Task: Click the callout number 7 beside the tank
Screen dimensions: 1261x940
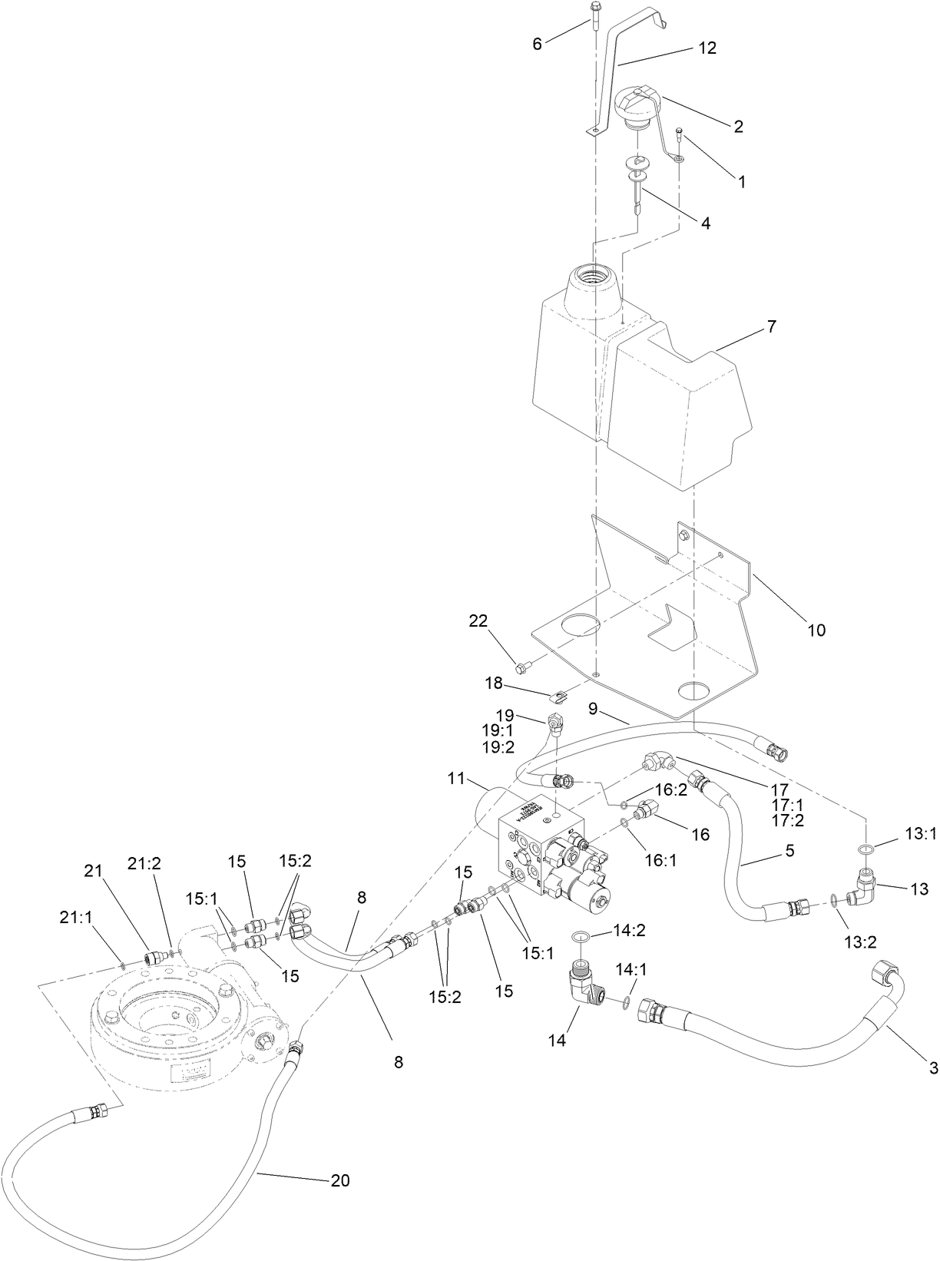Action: (x=771, y=327)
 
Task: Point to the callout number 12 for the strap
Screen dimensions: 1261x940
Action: (x=707, y=48)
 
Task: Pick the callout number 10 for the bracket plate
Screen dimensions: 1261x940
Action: (x=816, y=630)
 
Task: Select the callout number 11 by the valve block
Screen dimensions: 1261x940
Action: (x=457, y=779)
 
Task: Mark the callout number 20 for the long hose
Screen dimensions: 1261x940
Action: (x=340, y=1180)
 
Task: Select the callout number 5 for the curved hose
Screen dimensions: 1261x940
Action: (x=789, y=851)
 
